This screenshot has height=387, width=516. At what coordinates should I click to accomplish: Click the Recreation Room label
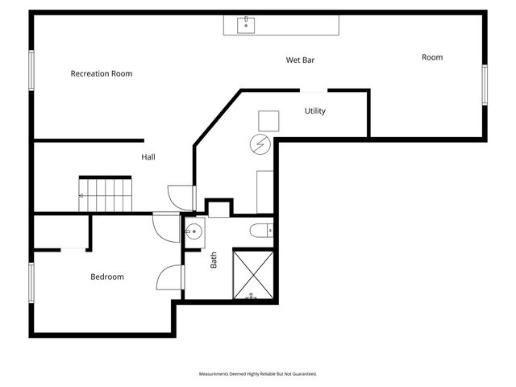tap(101, 73)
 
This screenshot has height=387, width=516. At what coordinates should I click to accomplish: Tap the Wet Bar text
tap(300, 60)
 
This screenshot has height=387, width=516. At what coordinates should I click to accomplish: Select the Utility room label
tap(314, 111)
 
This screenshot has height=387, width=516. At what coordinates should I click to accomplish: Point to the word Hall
tap(148, 156)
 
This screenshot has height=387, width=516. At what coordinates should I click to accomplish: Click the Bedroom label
tap(106, 277)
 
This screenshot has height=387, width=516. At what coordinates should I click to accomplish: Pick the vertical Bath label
tap(214, 260)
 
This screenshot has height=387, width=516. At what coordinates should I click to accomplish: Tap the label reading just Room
tap(432, 57)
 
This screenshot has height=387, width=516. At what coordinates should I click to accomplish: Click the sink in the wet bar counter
tap(246, 25)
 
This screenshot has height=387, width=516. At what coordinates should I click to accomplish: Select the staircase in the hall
tap(105, 194)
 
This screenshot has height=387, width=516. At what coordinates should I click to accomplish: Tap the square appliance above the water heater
tap(268, 120)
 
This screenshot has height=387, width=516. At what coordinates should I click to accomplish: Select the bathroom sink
tap(193, 234)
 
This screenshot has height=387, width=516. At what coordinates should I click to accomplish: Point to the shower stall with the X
tap(253, 275)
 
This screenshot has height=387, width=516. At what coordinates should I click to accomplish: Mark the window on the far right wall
tap(485, 85)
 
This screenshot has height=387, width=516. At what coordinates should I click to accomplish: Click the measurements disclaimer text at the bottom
tap(258, 374)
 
